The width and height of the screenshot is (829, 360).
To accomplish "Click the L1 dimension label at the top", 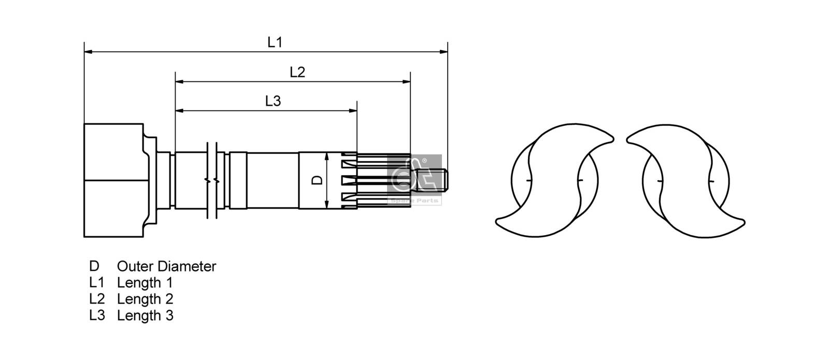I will pyautogui.click(x=275, y=42).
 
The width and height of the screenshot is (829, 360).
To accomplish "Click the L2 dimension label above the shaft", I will pyautogui.click(x=297, y=72).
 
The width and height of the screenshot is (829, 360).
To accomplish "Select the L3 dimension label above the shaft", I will pyautogui.click(x=273, y=101).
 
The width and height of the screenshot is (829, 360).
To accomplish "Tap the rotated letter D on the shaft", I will pyautogui.click(x=318, y=180).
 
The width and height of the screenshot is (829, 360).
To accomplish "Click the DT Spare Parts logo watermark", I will pyautogui.click(x=414, y=179).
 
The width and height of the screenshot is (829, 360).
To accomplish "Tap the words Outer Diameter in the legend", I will pyautogui.click(x=166, y=266).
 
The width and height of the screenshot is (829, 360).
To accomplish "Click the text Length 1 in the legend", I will pyautogui.click(x=145, y=283).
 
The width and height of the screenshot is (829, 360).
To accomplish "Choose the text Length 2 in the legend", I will pyautogui.click(x=145, y=299).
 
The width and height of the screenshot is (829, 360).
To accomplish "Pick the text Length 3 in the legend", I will pyautogui.click(x=145, y=315).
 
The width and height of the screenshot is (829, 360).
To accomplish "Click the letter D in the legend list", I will pyautogui.click(x=94, y=266).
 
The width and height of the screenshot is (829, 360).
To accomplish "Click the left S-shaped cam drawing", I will pyautogui.click(x=554, y=180).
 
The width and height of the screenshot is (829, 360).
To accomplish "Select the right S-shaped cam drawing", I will pyautogui.click(x=685, y=180).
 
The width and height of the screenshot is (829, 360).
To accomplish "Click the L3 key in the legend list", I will pyautogui.click(x=97, y=315).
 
